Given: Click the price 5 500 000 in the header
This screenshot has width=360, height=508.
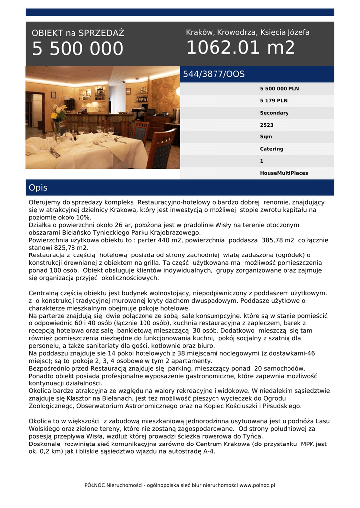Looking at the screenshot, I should pyautogui.click(x=77, y=49).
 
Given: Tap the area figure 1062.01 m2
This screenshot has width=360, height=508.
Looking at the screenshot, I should pyautogui.click(x=240, y=48).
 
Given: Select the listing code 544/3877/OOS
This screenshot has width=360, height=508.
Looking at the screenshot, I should pyautogui.click(x=214, y=74).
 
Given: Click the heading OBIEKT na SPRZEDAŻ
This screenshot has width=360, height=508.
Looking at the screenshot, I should pyautogui.click(x=78, y=33).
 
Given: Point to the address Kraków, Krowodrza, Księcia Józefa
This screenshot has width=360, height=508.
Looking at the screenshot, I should pyautogui.click(x=247, y=32).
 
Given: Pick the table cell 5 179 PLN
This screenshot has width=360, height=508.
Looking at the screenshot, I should pyautogui.click(x=274, y=101).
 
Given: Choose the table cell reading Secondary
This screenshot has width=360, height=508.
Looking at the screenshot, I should pyautogui.click(x=274, y=113).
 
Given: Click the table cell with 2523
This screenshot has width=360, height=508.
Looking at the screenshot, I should pyautogui.click(x=267, y=125).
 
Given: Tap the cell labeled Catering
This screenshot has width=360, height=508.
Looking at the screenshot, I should pyautogui.click(x=272, y=149).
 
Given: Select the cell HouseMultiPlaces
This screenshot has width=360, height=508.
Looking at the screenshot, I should pyautogui.click(x=284, y=173).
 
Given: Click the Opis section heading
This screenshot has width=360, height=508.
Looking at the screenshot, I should pyautogui.click(x=38, y=188).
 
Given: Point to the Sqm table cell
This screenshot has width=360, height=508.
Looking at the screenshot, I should pyautogui.click(x=266, y=137).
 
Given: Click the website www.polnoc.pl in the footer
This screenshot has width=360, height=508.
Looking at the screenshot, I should pyautogui.click(x=257, y=485).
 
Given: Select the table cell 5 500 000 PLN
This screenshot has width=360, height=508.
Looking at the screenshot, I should pyautogui.click(x=280, y=89).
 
